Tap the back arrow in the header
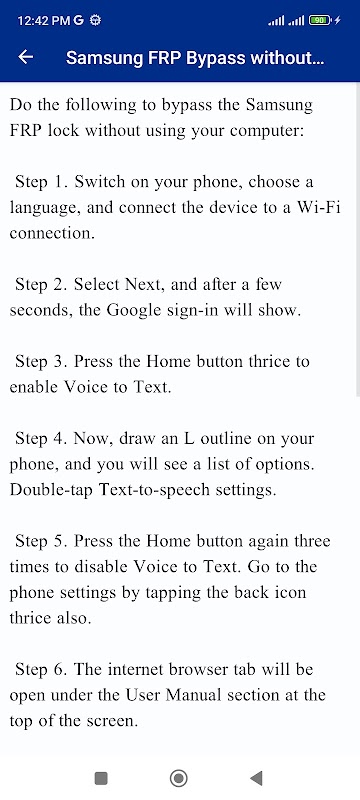click(x=25, y=57)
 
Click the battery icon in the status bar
click(x=320, y=20)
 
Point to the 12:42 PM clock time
click(x=44, y=20)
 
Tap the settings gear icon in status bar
click(x=95, y=20)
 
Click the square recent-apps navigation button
click(x=101, y=778)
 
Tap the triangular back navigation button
click(x=256, y=778)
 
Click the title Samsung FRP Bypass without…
click(x=195, y=58)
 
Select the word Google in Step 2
click(x=133, y=311)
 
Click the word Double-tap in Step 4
click(x=52, y=490)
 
